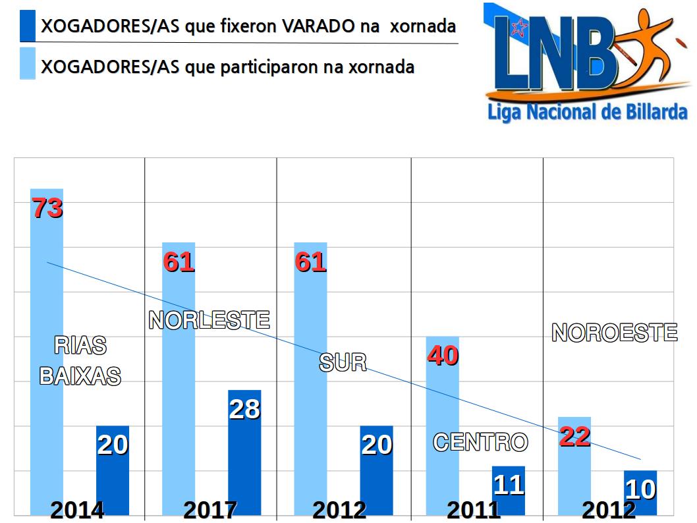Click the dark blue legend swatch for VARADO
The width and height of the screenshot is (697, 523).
[28, 26]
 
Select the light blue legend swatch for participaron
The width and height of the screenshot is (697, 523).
[28, 64]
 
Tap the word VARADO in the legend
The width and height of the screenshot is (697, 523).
[320, 26]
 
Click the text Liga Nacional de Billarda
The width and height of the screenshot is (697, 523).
[587, 111]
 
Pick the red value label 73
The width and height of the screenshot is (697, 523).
[47, 208]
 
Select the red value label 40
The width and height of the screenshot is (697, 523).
[443, 356]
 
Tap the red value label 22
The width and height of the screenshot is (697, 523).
[574, 436]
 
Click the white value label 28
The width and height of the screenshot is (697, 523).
[244, 409]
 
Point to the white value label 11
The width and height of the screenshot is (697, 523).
[509, 485]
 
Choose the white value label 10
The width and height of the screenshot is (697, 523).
[640, 489]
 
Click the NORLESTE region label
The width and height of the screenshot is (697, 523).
[209, 320]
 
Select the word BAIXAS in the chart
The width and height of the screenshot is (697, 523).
[80, 375]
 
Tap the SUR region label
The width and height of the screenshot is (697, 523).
[343, 362]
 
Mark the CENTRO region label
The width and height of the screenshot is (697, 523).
[480, 442]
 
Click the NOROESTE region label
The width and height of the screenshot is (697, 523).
[614, 333]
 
